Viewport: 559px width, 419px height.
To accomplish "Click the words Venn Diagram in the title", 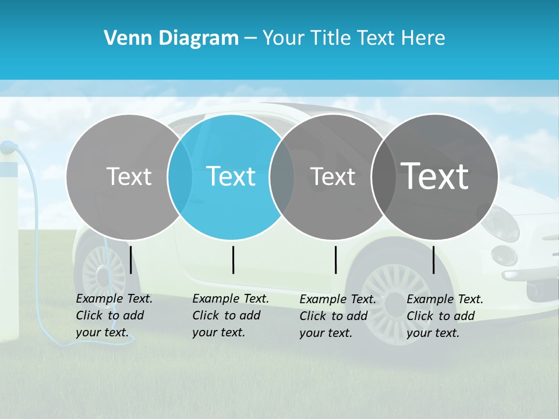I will click(171, 38).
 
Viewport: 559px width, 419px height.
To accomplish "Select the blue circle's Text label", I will click(231, 176).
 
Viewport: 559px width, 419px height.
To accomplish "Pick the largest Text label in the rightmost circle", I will click(435, 176).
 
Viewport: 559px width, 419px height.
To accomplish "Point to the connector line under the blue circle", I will click(233, 260).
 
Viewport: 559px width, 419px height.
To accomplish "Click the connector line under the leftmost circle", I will click(130, 260).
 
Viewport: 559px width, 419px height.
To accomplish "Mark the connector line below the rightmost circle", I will click(433, 260).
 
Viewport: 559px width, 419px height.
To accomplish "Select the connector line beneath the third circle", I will click(335, 260).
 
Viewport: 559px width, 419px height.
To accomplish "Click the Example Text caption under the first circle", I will click(114, 315).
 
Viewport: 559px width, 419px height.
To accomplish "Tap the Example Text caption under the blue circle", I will click(231, 315).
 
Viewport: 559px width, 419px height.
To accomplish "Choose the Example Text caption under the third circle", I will click(338, 316).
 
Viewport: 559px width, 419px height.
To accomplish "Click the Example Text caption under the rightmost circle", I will click(445, 316).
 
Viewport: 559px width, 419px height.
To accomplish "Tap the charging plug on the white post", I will click(7, 148).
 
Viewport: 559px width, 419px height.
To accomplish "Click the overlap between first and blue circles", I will click(180, 177).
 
